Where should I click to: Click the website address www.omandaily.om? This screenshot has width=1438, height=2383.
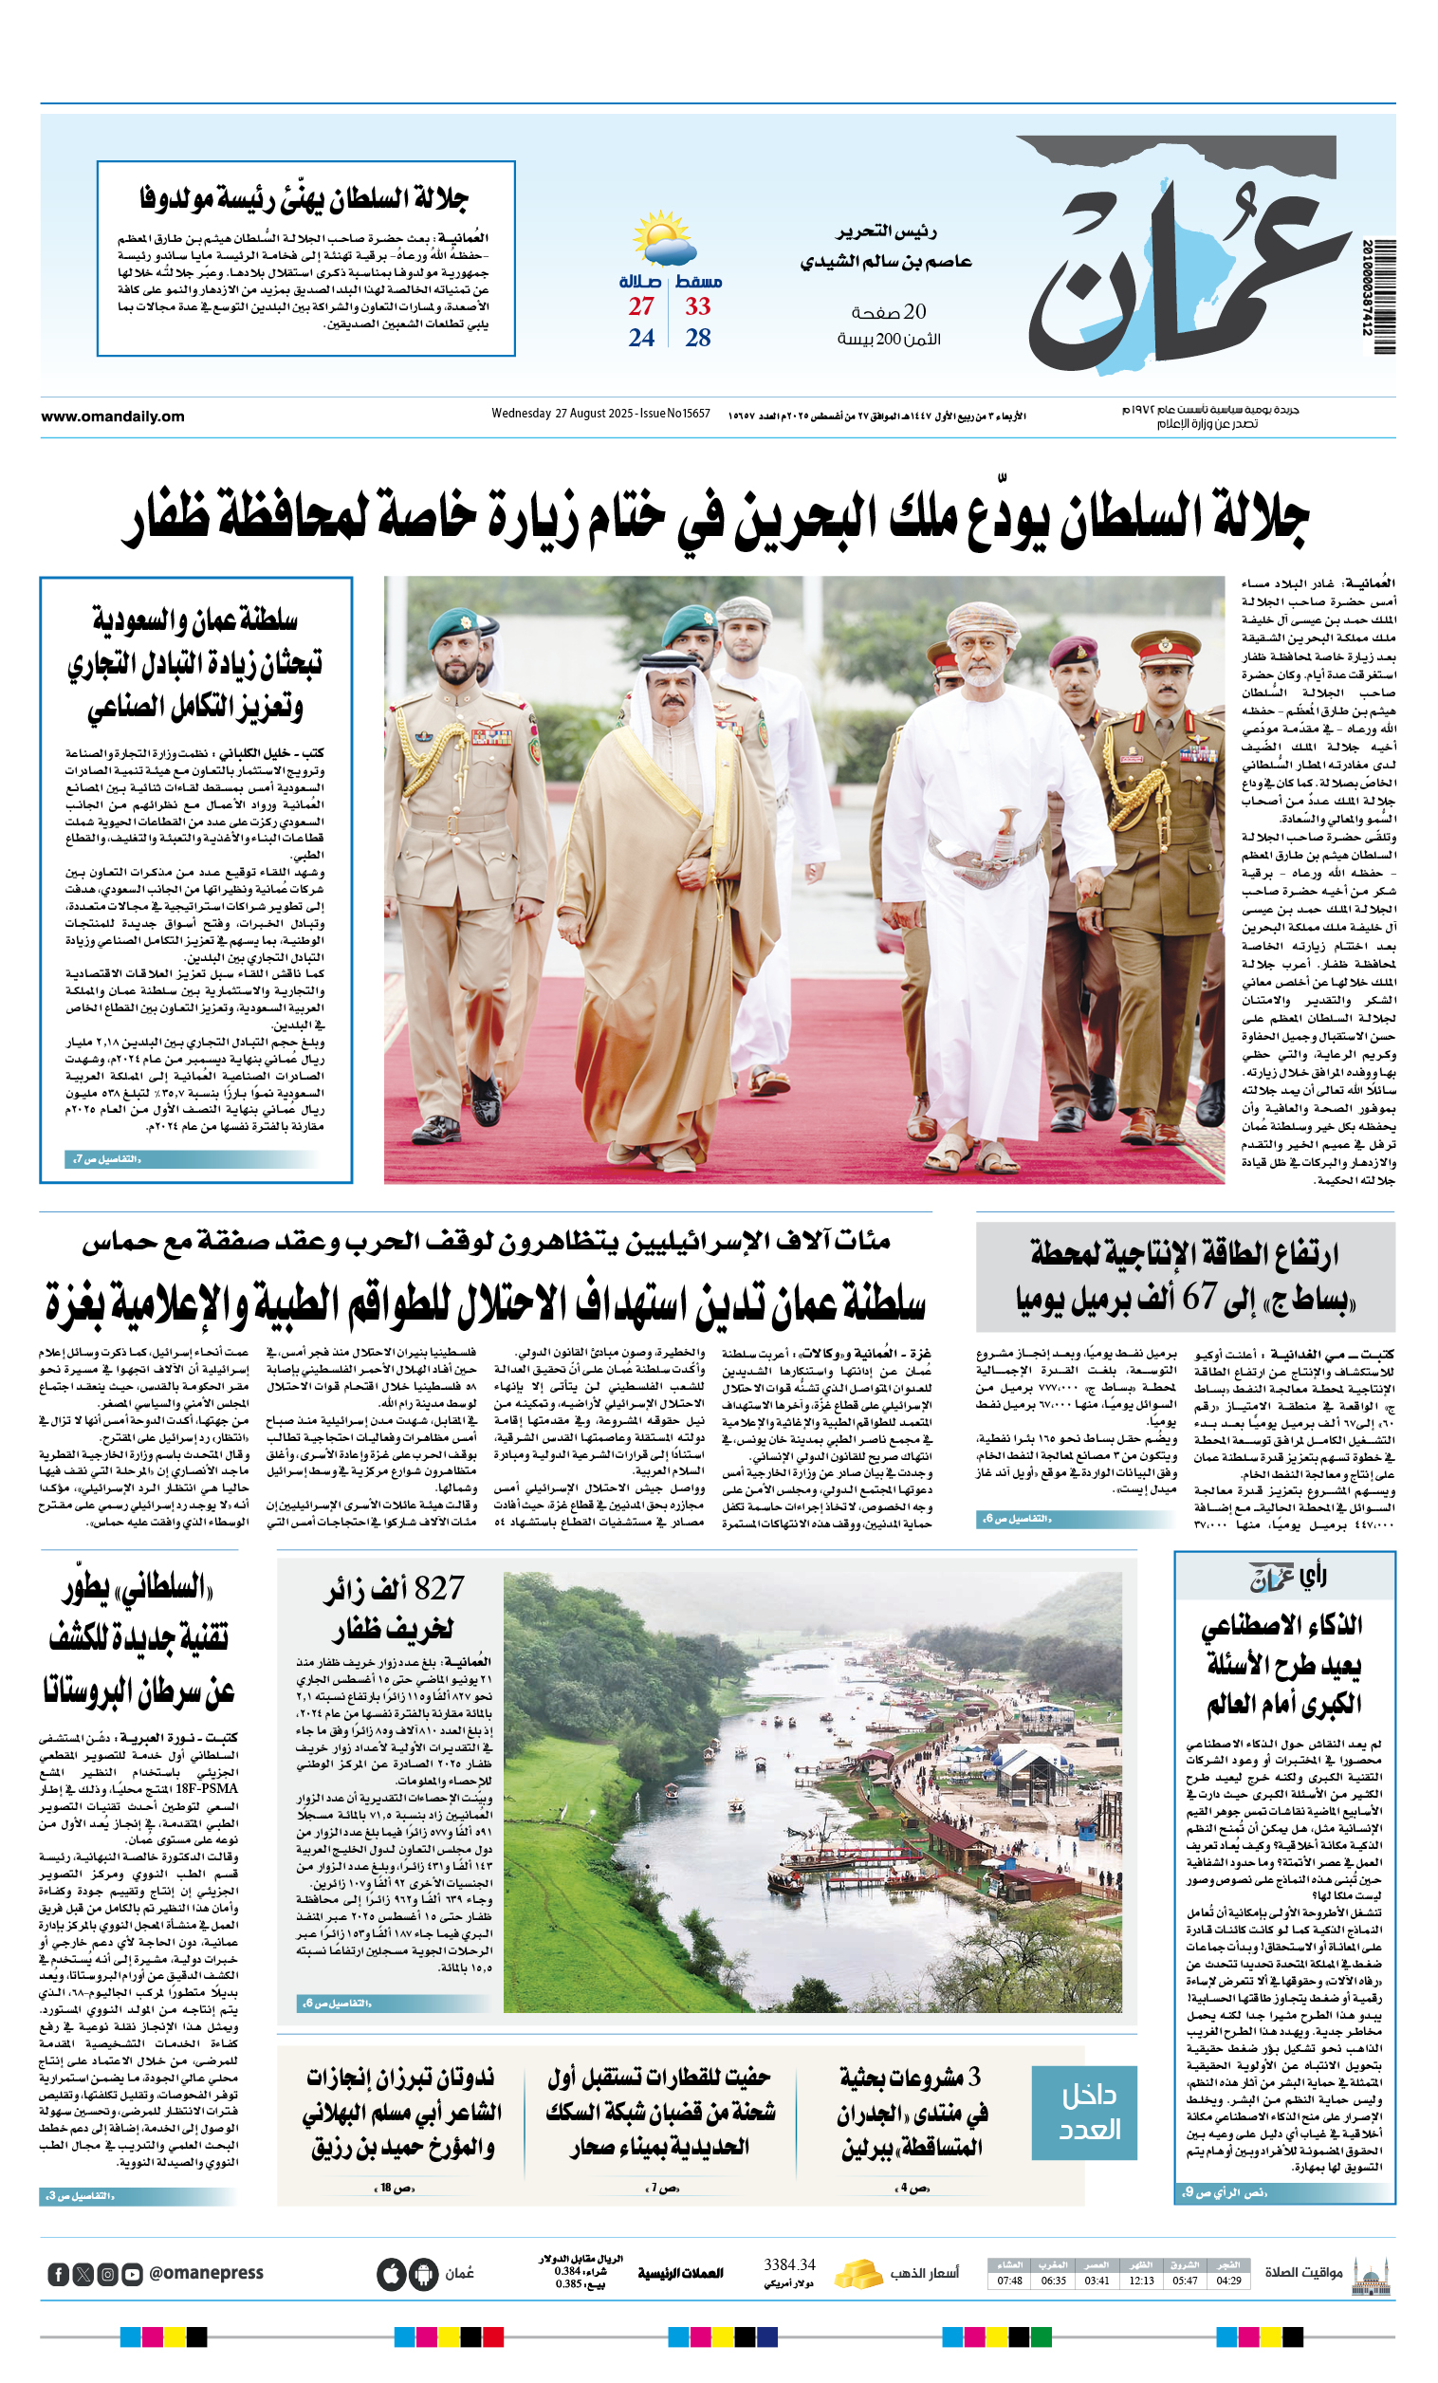pyautogui.click(x=112, y=416)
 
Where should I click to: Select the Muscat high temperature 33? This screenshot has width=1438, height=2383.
pyautogui.click(x=697, y=306)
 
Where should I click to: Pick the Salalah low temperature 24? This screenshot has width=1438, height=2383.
pyautogui.click(x=641, y=338)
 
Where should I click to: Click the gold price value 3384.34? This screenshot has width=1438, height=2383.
pyautogui.click(x=789, y=2265)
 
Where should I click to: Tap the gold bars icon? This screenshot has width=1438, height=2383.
pyautogui.click(x=857, y=2273)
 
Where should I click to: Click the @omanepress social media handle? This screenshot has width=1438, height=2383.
pyautogui.click(x=206, y=2273)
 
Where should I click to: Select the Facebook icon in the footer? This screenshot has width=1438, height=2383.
pyautogui.click(x=58, y=2274)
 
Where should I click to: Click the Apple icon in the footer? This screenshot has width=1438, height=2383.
pyautogui.click(x=391, y=2274)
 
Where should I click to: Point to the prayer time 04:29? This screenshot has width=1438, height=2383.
pyautogui.click(x=1228, y=2281)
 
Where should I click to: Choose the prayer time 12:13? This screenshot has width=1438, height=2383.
pyautogui.click(x=1141, y=2281)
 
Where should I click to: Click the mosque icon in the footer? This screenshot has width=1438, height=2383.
pyautogui.click(x=1371, y=2274)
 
